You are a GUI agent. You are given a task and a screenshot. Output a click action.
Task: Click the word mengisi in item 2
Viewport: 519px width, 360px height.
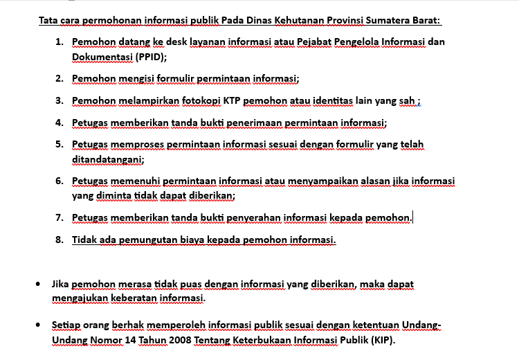(x=140, y=79)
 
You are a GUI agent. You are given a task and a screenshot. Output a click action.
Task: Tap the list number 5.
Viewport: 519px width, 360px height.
(x=60, y=145)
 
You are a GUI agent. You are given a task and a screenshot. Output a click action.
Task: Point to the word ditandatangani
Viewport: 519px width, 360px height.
(x=107, y=160)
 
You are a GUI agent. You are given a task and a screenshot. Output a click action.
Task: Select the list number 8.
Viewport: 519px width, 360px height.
(x=60, y=240)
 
